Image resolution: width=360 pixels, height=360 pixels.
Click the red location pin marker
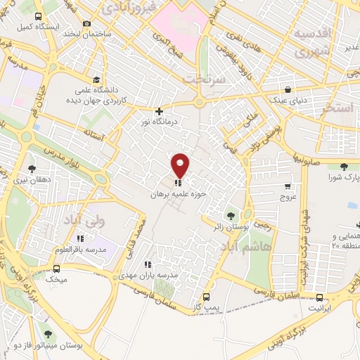tap(181, 165)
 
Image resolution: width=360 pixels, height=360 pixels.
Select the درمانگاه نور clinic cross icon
tap(160, 110)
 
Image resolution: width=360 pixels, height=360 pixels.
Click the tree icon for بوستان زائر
tap(229, 215)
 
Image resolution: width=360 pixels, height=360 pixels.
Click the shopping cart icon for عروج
tap(288, 186)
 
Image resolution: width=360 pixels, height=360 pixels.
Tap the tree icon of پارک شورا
tap(344, 166)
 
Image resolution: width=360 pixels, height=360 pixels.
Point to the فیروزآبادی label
tap(125, 7)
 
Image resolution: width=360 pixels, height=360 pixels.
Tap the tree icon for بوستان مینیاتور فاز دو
tap(48, 335)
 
